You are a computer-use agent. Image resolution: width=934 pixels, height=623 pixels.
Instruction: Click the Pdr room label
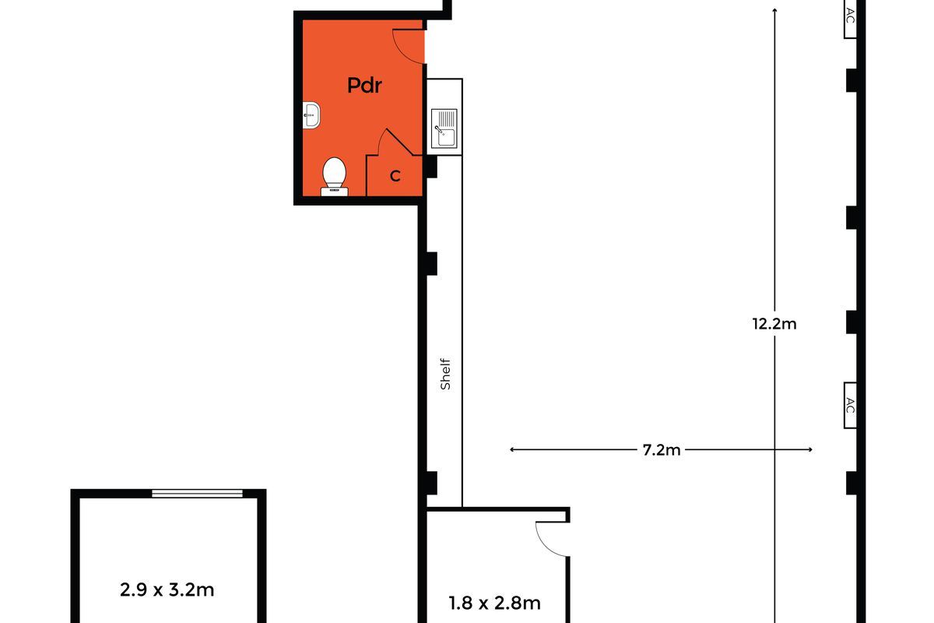(364, 85)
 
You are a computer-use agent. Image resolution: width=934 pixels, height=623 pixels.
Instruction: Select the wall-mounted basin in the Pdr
(311, 115)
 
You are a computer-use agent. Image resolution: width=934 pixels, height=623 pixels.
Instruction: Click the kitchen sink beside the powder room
(444, 128)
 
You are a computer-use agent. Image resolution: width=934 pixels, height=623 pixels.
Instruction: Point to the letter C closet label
(395, 176)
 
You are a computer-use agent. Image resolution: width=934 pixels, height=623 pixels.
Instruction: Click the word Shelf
(445, 374)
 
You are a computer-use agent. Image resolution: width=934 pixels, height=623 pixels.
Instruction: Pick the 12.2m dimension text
(774, 324)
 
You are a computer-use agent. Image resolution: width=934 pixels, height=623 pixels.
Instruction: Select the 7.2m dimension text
(662, 450)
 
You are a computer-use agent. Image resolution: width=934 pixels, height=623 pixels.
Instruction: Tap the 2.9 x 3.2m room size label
(167, 590)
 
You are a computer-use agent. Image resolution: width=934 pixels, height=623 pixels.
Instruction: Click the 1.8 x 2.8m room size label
(494, 603)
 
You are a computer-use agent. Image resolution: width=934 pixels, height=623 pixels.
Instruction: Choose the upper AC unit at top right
(850, 19)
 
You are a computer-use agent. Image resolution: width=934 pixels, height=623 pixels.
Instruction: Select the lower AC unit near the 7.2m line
(850, 405)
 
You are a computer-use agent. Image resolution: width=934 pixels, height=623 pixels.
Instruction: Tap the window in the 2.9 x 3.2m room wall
(197, 494)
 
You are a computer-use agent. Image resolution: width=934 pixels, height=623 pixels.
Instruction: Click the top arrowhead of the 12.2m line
(774, 9)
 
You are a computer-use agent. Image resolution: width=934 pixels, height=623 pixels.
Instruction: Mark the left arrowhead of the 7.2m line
(512, 449)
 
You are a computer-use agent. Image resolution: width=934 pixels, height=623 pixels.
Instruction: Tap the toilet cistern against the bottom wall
(335, 192)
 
